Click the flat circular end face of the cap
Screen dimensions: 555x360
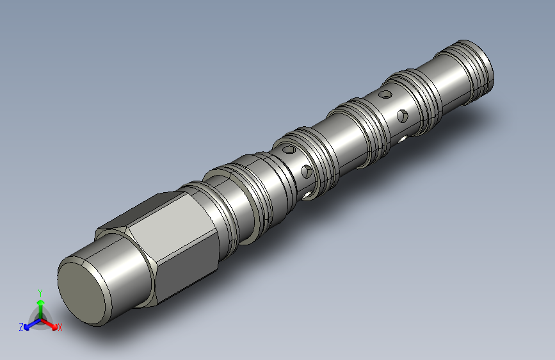coord(82,293)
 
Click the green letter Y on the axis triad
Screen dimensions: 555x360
coord(40,293)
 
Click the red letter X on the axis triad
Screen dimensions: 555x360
coord(60,328)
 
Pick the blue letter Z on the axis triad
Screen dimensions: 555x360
coord(21,327)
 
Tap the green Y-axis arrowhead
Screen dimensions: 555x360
coord(41,302)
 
